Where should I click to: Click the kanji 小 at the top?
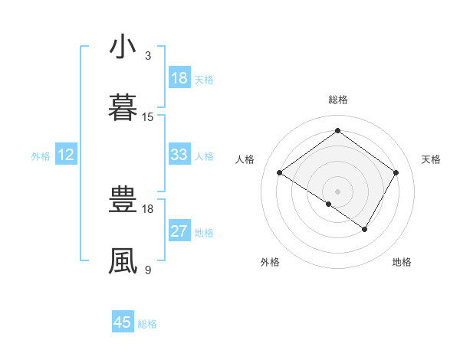[123, 47]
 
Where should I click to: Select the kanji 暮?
[123, 109]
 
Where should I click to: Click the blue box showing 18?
[179, 78]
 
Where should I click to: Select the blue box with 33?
[179, 155]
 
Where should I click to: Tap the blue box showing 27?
[179, 231]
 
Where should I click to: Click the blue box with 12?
[66, 155]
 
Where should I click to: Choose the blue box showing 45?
[123, 322]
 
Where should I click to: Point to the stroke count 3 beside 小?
[148, 56]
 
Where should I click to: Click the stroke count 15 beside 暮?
[148, 117]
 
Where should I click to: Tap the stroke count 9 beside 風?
[148, 270]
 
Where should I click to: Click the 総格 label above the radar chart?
[338, 100]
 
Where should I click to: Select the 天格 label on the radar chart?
[432, 159]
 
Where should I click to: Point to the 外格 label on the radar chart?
[270, 262]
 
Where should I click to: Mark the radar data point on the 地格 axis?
[365, 229]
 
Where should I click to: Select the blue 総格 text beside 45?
[147, 324]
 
